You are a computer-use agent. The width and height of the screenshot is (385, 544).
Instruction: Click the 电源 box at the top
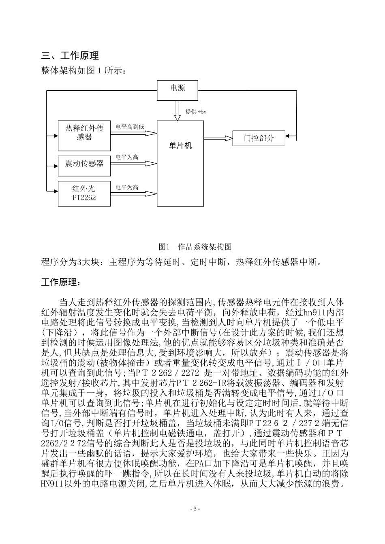point(178,90)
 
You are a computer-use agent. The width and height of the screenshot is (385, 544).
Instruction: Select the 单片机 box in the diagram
point(180,163)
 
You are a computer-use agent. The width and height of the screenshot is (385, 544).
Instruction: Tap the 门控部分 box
point(259,138)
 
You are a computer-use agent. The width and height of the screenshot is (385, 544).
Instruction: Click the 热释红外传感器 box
point(84,136)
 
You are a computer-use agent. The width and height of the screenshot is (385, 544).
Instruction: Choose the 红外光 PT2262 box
point(84,193)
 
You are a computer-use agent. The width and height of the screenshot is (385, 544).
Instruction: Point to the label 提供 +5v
point(196,112)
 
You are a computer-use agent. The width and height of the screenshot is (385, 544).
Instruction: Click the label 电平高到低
point(130,127)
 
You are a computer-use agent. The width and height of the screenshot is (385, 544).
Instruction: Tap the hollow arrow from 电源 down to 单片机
point(177,110)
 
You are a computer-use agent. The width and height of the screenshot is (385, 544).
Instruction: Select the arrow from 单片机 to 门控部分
point(218,138)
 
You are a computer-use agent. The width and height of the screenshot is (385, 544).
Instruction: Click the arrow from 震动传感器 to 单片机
point(133,164)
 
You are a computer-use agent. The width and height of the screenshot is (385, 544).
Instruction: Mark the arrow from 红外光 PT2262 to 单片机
point(133,193)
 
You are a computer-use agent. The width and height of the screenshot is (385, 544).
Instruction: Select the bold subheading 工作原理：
point(61,282)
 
